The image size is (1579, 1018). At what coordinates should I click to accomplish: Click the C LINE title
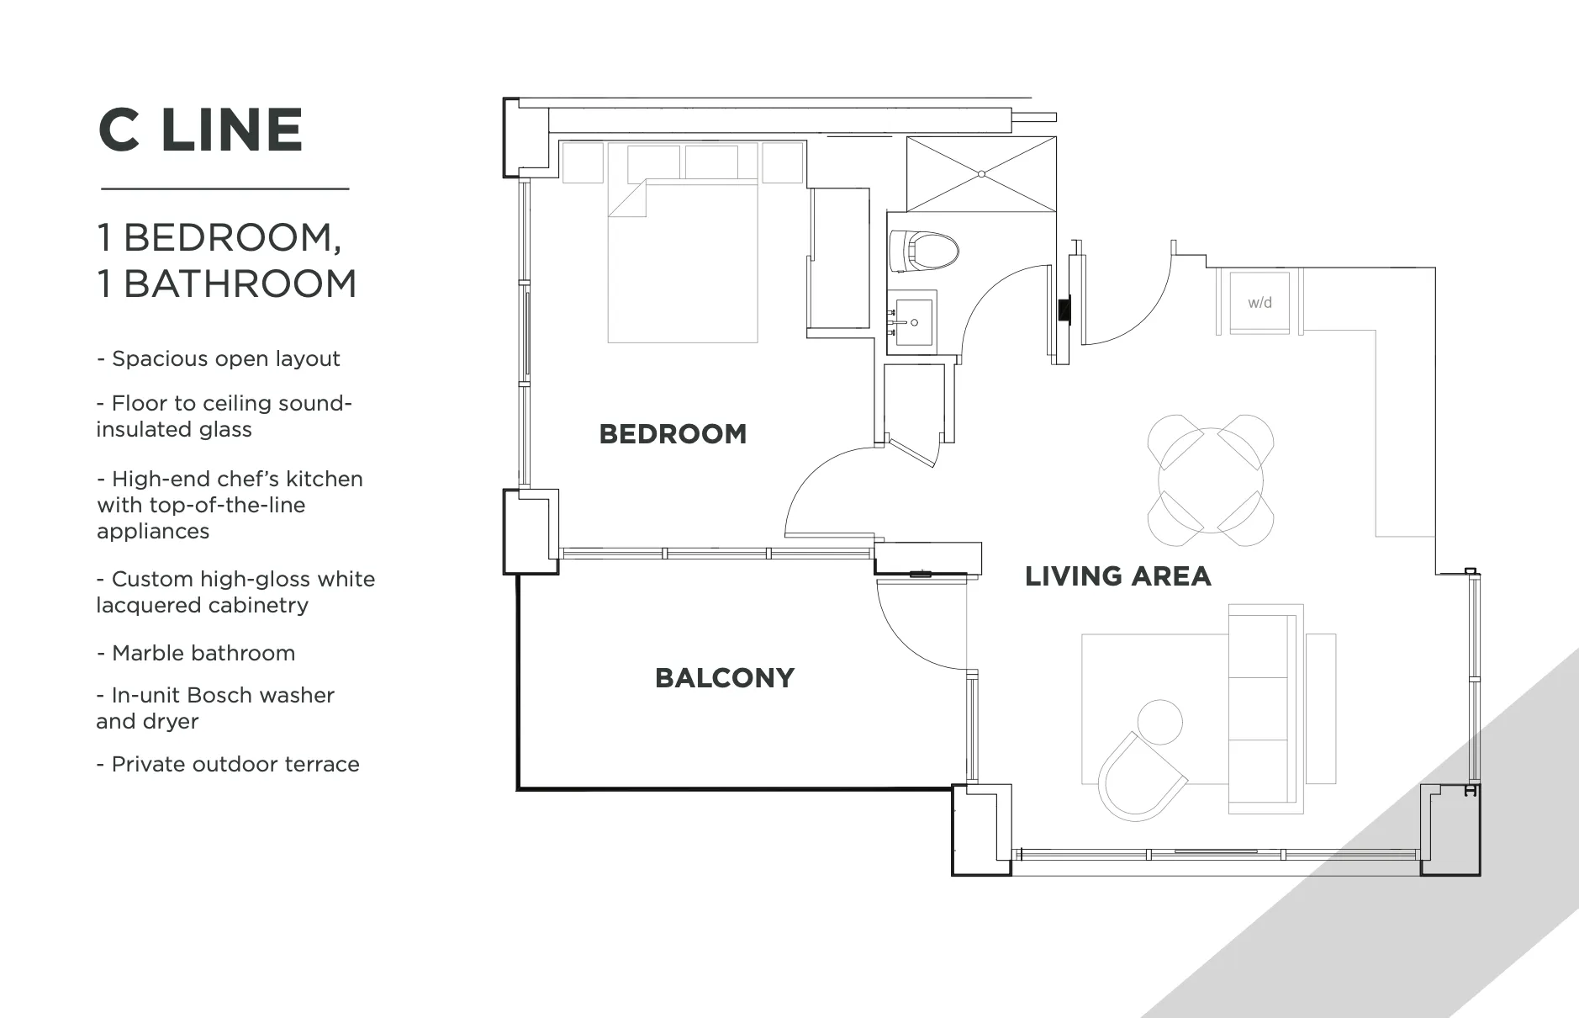tap(200, 130)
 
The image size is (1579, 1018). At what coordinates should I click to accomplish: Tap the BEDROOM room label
tap(673, 434)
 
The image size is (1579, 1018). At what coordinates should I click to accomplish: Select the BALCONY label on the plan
tap(725, 678)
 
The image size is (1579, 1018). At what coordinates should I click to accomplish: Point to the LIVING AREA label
tap(1117, 576)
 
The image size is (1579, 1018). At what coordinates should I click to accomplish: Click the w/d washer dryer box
tap(1260, 302)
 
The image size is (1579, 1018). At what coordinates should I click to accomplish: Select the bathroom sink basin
tap(913, 321)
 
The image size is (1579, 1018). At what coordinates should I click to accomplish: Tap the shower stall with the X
tap(981, 174)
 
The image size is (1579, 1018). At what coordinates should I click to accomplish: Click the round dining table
tap(1211, 480)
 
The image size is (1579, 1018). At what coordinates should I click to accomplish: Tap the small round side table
tap(1159, 722)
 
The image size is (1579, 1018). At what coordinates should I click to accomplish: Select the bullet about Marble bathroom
tap(196, 653)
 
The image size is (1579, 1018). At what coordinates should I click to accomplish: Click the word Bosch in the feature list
tap(218, 695)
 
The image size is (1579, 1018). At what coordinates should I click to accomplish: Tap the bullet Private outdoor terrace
tap(228, 764)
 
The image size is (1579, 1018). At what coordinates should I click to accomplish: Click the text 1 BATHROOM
tap(227, 284)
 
